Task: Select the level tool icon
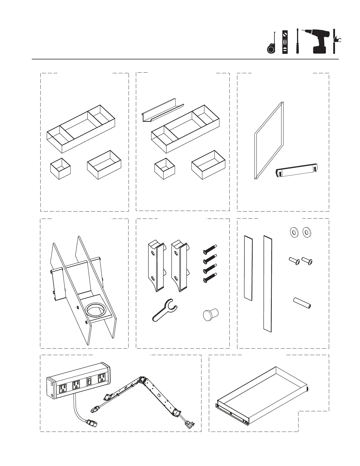284,42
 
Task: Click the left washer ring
293,232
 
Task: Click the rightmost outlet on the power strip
102,379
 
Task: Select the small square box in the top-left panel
60,168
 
